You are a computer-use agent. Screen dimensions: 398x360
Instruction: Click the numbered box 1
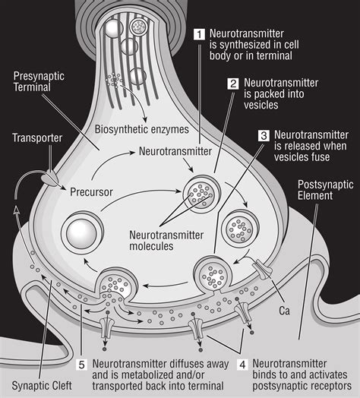coord(199,34)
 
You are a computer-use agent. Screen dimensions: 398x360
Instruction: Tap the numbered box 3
coord(264,136)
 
